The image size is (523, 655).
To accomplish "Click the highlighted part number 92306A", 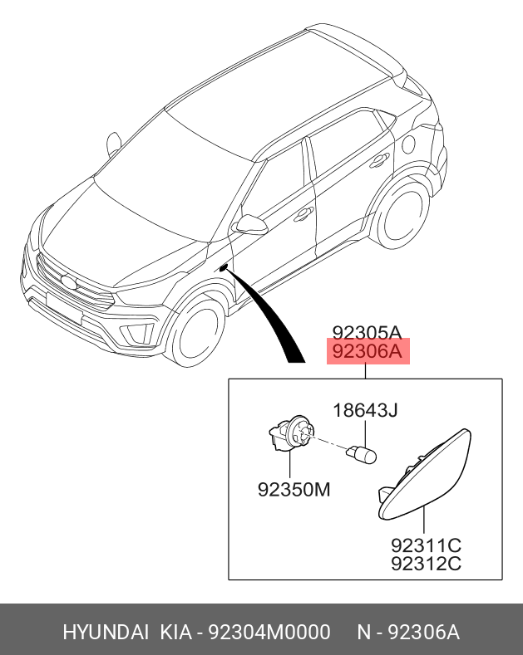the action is (366, 353).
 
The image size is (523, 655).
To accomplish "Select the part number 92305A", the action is (366, 331).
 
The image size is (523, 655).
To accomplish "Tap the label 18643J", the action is (366, 410).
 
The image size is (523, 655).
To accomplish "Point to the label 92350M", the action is (293, 489).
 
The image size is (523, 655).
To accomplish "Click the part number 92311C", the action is (426, 545).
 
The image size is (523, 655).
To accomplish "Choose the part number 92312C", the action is (426, 565).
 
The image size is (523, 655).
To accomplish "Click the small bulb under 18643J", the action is (364, 454).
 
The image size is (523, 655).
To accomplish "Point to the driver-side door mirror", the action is (249, 224).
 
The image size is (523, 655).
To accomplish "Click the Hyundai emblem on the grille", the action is (67, 283).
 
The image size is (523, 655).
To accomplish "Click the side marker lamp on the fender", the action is (223, 267).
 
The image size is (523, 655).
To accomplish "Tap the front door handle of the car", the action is (304, 213).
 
